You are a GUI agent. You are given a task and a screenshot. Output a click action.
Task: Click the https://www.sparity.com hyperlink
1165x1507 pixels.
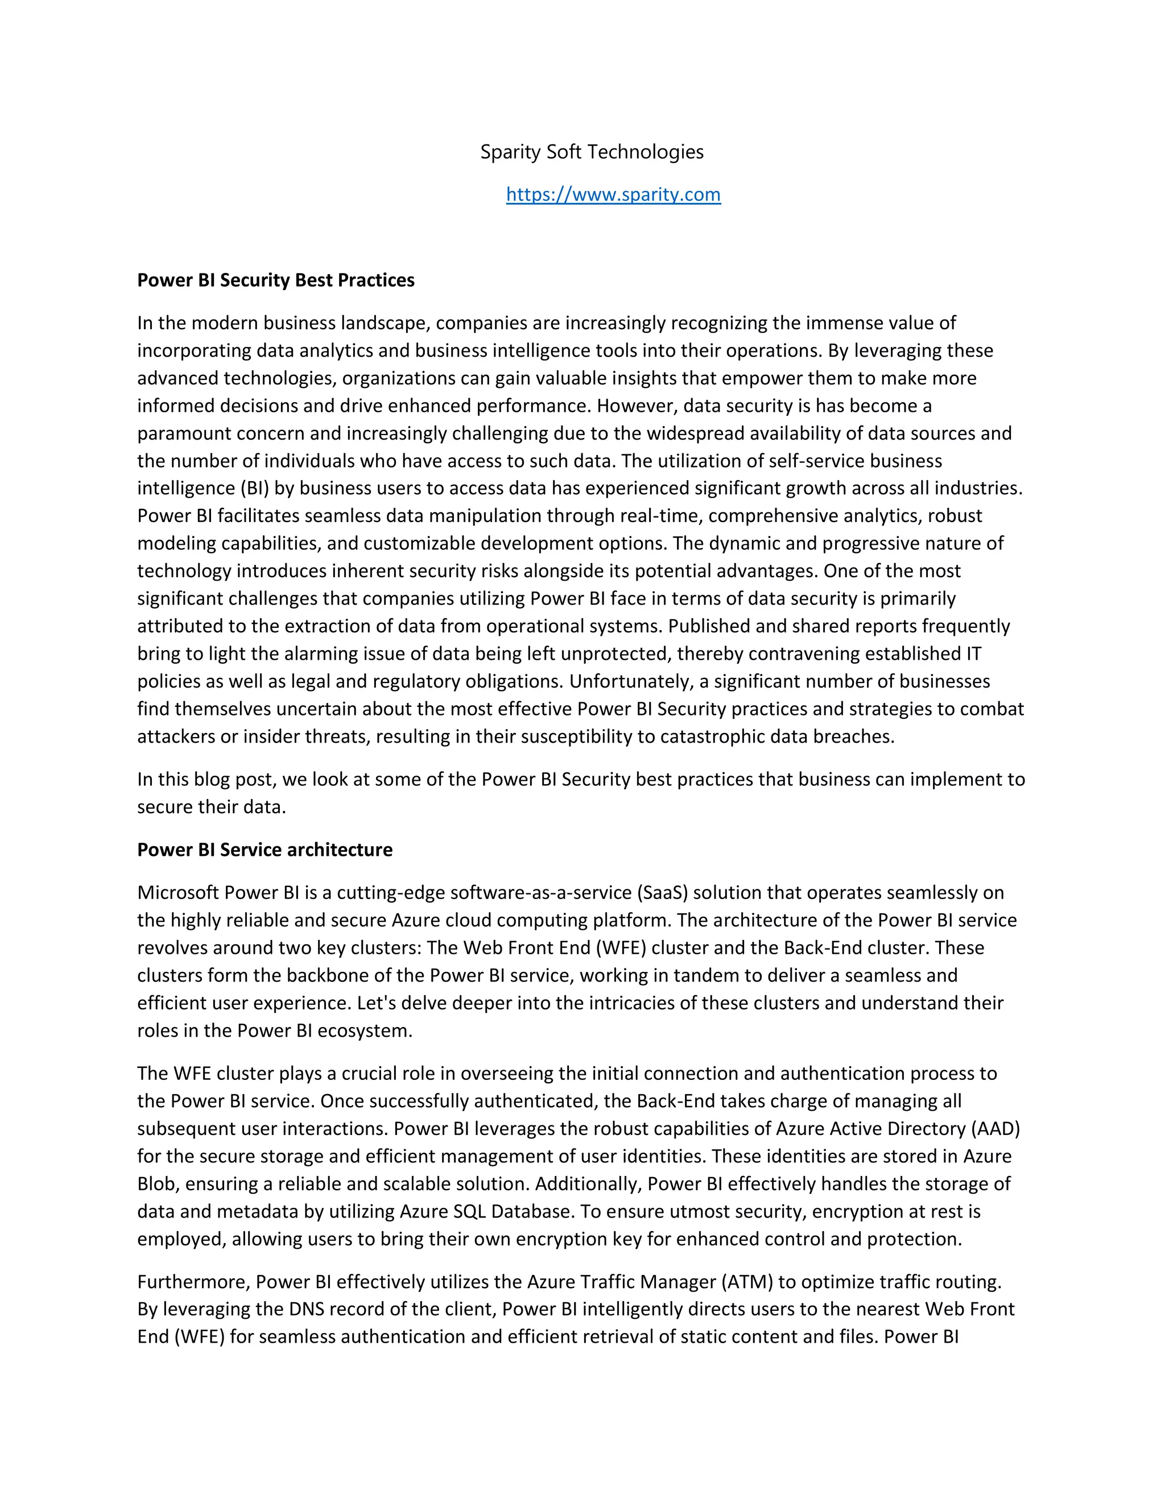point(613,194)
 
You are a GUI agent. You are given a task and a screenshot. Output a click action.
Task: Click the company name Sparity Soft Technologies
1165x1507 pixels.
point(592,152)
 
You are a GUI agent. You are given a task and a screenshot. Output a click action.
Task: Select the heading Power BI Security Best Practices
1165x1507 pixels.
point(275,280)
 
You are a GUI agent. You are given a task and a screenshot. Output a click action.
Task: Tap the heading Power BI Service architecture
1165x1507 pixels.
point(265,850)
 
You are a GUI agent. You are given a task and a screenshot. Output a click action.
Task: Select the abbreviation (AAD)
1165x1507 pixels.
point(994,1128)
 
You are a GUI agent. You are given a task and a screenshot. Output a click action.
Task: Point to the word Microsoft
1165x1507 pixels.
point(178,892)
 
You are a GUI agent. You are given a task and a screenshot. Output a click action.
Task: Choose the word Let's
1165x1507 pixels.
point(376,1003)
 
